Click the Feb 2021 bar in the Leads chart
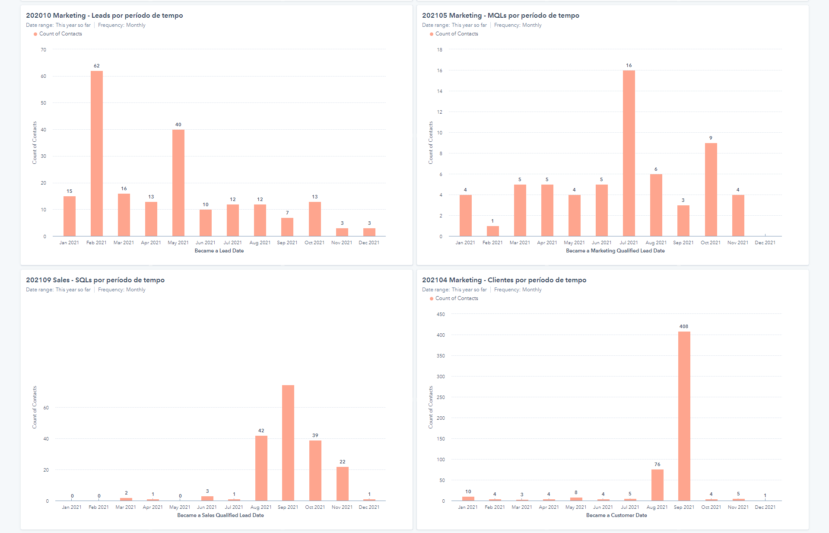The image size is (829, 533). (x=97, y=153)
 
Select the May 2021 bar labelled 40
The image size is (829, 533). (x=178, y=183)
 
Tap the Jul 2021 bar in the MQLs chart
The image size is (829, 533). (x=629, y=153)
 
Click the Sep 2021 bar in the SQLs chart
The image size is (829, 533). (x=288, y=443)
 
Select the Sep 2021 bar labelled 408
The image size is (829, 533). (x=684, y=416)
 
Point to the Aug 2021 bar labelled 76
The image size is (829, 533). (x=657, y=485)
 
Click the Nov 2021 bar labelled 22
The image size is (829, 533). (x=343, y=484)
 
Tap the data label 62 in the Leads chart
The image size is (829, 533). (x=97, y=66)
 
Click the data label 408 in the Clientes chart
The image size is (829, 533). (x=684, y=326)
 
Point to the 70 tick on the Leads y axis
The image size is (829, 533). (x=44, y=50)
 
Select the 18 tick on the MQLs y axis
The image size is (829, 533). (x=440, y=50)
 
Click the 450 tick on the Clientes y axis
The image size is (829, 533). (x=441, y=314)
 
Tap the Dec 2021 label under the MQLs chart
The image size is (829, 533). (x=765, y=243)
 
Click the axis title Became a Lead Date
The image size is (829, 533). (x=219, y=251)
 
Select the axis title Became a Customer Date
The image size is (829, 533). (x=616, y=515)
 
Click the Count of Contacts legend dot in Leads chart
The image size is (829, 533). (x=35, y=34)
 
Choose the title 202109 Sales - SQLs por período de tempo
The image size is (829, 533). (x=95, y=280)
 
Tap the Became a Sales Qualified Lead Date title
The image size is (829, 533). (x=220, y=515)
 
